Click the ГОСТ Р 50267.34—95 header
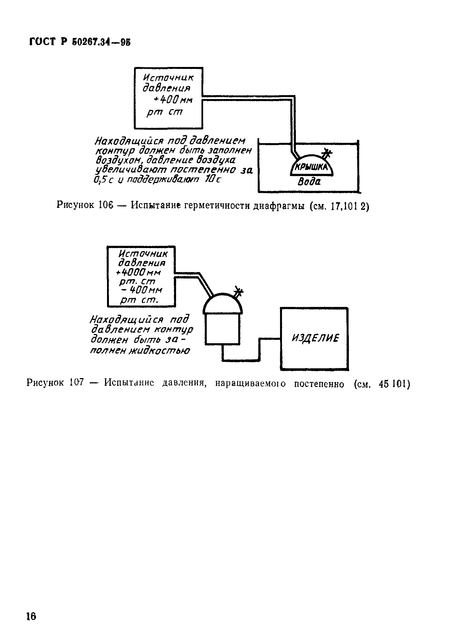[80, 42]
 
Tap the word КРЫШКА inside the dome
[312, 167]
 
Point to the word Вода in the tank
[309, 182]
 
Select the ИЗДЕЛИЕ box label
[315, 338]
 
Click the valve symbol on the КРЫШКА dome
[327, 153]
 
